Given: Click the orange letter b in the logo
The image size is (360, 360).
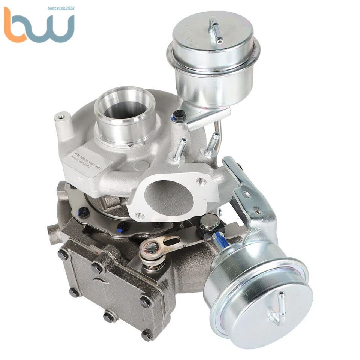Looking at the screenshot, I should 17,26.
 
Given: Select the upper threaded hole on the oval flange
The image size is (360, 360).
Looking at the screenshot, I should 201,182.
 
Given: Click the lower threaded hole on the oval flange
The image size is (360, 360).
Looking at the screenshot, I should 139,216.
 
